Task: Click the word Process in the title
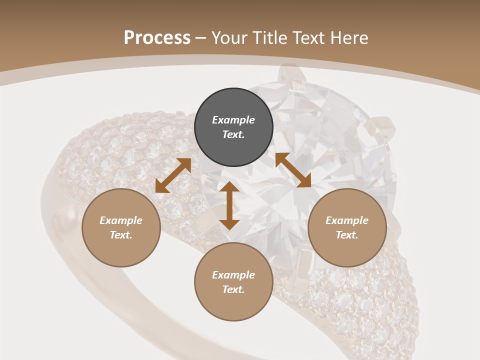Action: (x=157, y=38)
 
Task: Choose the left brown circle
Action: (x=121, y=227)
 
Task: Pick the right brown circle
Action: (x=347, y=227)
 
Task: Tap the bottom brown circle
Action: (x=233, y=281)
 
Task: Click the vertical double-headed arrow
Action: (x=229, y=205)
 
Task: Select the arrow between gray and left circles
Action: (x=173, y=175)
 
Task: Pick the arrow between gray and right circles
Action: (x=293, y=170)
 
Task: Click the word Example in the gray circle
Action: (x=233, y=120)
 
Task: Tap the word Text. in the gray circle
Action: (x=233, y=134)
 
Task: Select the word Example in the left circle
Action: (x=121, y=220)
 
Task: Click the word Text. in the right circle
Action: (x=347, y=235)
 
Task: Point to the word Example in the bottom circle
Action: (x=233, y=275)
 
